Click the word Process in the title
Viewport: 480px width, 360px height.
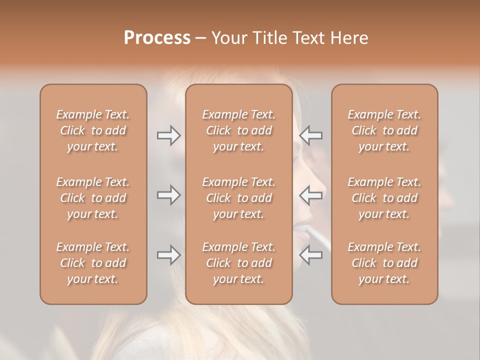pyautogui.click(x=157, y=38)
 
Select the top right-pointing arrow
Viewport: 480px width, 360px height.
pyautogui.click(x=168, y=135)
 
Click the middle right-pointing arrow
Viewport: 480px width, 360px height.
pyautogui.click(x=168, y=195)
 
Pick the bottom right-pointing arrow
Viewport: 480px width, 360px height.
pyautogui.click(x=168, y=255)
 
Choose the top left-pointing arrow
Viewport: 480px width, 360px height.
pyautogui.click(x=311, y=135)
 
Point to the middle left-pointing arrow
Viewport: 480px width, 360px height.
pyautogui.click(x=311, y=195)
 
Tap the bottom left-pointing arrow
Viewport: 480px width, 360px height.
pyautogui.click(x=311, y=255)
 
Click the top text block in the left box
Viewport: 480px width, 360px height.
pyautogui.click(x=93, y=130)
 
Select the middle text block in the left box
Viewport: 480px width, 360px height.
pyautogui.click(x=93, y=198)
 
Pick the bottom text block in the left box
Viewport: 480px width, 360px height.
pyautogui.click(x=93, y=263)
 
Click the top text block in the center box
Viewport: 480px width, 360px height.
pyautogui.click(x=239, y=130)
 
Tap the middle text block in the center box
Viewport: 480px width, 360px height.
pyautogui.click(x=239, y=198)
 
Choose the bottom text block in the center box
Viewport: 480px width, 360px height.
pyautogui.click(x=239, y=263)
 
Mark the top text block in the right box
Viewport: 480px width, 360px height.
pyautogui.click(x=384, y=130)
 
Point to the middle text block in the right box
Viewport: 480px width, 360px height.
pyautogui.click(x=384, y=198)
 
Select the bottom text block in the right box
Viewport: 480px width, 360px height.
pyautogui.click(x=384, y=263)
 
